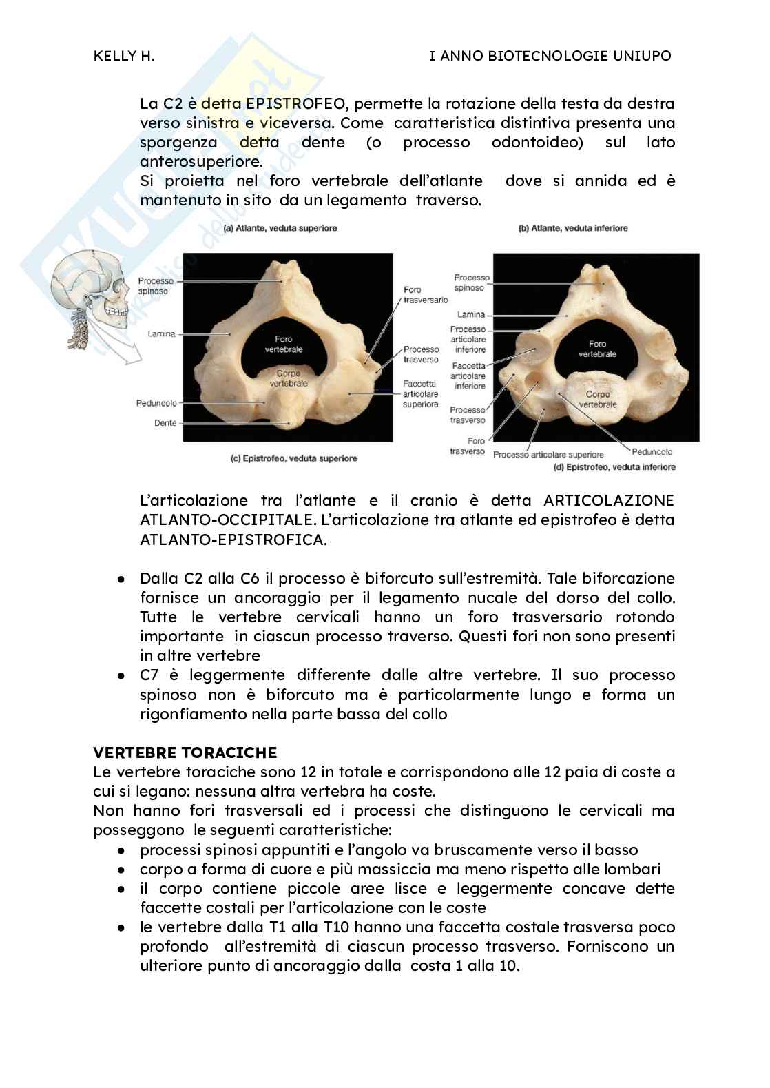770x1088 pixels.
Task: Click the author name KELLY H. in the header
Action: click(124, 56)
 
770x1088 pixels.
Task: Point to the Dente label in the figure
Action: click(165, 423)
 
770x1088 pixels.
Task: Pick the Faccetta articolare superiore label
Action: click(420, 393)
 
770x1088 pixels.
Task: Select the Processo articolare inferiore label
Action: click(468, 339)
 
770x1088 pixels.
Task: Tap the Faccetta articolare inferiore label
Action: click(468, 376)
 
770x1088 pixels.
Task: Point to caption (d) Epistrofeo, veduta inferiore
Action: click(614, 467)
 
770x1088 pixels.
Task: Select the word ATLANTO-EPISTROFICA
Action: click(233, 539)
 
